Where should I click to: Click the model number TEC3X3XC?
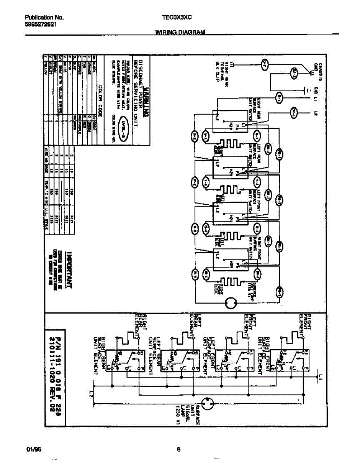177,18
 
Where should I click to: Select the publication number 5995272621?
42,24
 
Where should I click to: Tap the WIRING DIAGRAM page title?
180,33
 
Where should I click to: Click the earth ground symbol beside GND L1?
307,91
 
